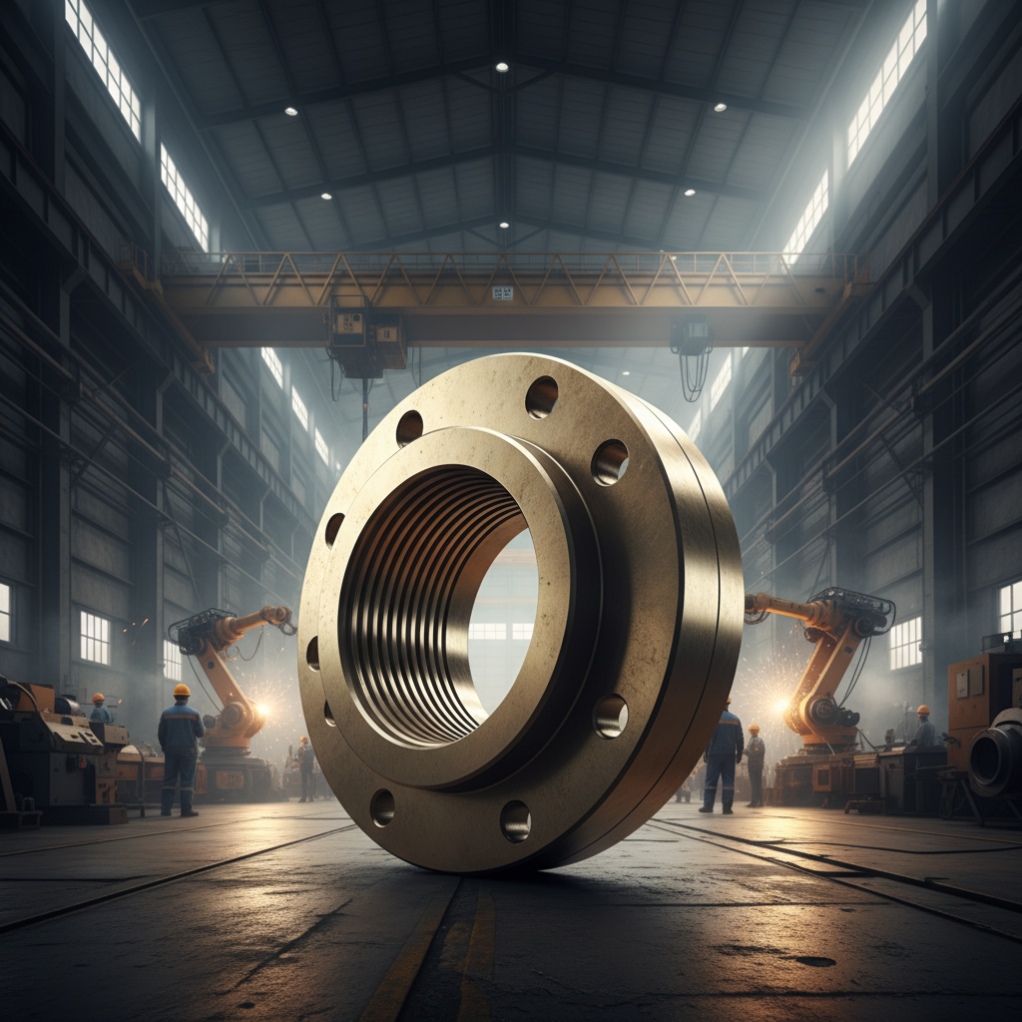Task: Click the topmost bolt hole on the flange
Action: point(541,396)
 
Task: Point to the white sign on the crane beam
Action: point(502,292)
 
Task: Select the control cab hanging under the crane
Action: point(366,339)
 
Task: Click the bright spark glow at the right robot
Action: point(778,705)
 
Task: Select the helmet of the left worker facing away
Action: point(181,690)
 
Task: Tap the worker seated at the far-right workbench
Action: point(924,729)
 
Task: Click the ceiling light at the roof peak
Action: point(502,67)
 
